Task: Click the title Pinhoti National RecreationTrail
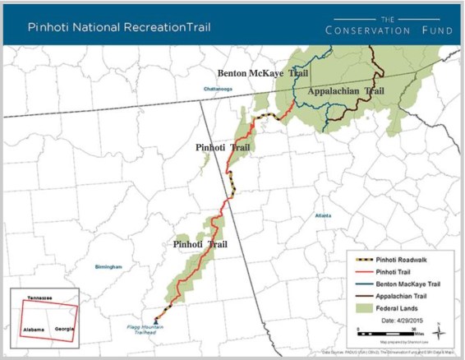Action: coord(119,26)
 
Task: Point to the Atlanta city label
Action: coord(324,216)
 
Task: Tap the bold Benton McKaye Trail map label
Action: coord(260,73)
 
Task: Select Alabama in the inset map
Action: coord(34,328)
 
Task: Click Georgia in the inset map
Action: coord(64,326)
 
